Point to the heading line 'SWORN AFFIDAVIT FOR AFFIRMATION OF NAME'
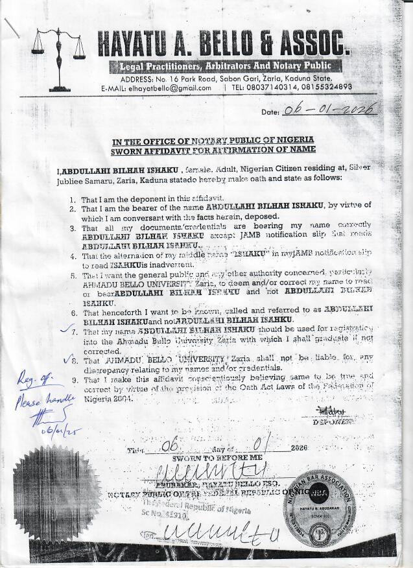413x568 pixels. pyautogui.click(x=214, y=149)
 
